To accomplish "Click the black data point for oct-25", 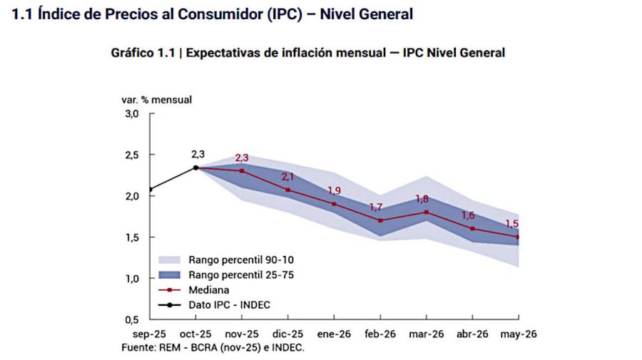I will coord(195,168).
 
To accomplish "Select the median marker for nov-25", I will coord(242,171).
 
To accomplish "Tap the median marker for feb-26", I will coord(380,220).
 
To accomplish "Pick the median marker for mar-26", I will coord(427,212).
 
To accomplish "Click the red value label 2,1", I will coord(288,176).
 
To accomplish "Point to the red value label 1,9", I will coord(334,190).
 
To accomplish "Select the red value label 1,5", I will coord(511,224).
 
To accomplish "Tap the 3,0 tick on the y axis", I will coord(133,114).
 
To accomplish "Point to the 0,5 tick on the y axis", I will coord(133,319).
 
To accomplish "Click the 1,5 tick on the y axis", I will coord(133,237).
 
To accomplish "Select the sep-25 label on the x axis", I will coord(150,334).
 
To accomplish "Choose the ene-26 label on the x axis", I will coord(334,334).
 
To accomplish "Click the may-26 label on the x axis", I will coord(518,334).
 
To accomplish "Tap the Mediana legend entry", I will coord(209,290).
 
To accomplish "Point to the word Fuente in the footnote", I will coord(147,347).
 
